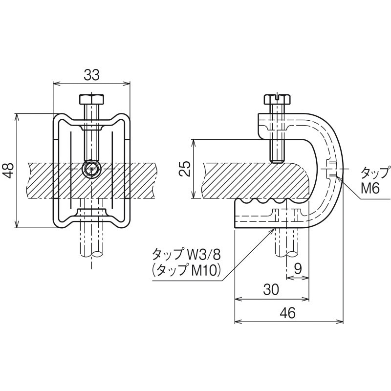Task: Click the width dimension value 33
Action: coord(91,75)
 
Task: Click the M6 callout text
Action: coord(370,188)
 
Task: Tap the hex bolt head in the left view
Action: coord(91,99)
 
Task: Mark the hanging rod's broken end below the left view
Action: coord(91,254)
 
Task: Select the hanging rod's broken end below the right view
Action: coord(287,254)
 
